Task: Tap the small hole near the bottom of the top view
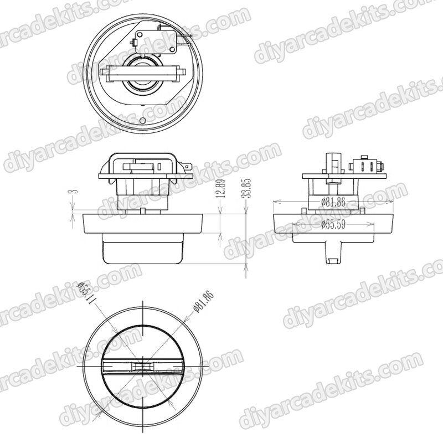pyautogui.click(x=143, y=120)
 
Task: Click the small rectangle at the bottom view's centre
pyautogui.click(x=143, y=367)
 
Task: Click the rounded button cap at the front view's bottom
pyautogui.click(x=143, y=253)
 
